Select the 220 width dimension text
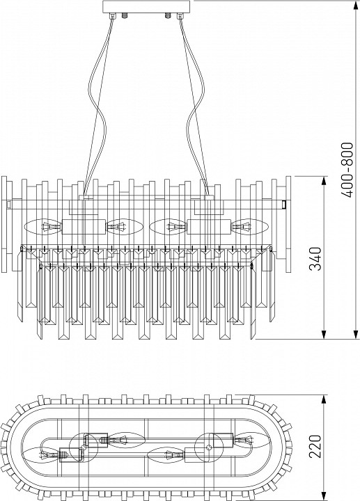[316, 446]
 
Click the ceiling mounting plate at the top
[146, 7]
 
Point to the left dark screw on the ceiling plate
[125, 15]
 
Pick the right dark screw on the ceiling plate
[168, 15]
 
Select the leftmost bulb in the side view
[43, 227]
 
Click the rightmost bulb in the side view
[249, 227]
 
